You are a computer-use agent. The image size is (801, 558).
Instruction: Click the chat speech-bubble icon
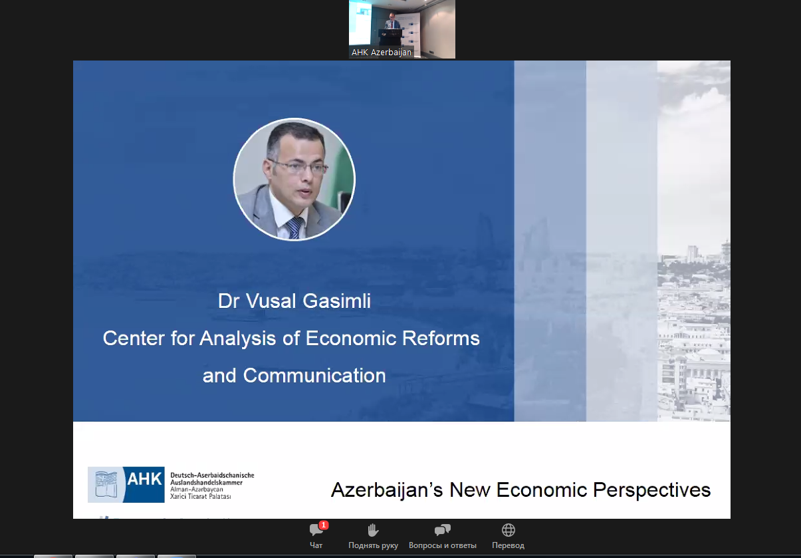point(316,531)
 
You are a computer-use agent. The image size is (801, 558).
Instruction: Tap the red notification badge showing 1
point(324,525)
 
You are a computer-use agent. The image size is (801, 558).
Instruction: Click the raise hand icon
point(373,530)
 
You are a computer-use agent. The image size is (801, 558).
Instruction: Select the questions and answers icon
point(442,530)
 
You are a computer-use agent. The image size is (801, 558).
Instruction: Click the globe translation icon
point(508,530)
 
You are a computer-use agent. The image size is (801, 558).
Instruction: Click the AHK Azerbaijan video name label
point(381,53)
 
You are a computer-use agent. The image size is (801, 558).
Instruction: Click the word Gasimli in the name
point(337,301)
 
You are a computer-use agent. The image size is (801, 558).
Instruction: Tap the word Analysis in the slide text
point(237,339)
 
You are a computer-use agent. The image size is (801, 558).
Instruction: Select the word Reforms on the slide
point(441,338)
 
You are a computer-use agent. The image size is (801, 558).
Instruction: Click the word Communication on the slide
point(314,376)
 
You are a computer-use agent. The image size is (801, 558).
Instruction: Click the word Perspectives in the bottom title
point(651,490)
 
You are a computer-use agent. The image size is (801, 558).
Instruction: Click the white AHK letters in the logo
point(144,480)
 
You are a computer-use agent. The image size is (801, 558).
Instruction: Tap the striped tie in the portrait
point(294,227)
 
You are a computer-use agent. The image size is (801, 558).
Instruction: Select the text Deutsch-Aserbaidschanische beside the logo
point(212,476)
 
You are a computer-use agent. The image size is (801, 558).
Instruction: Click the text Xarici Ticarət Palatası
point(200,496)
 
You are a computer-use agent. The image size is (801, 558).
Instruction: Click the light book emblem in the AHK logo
point(106,485)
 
